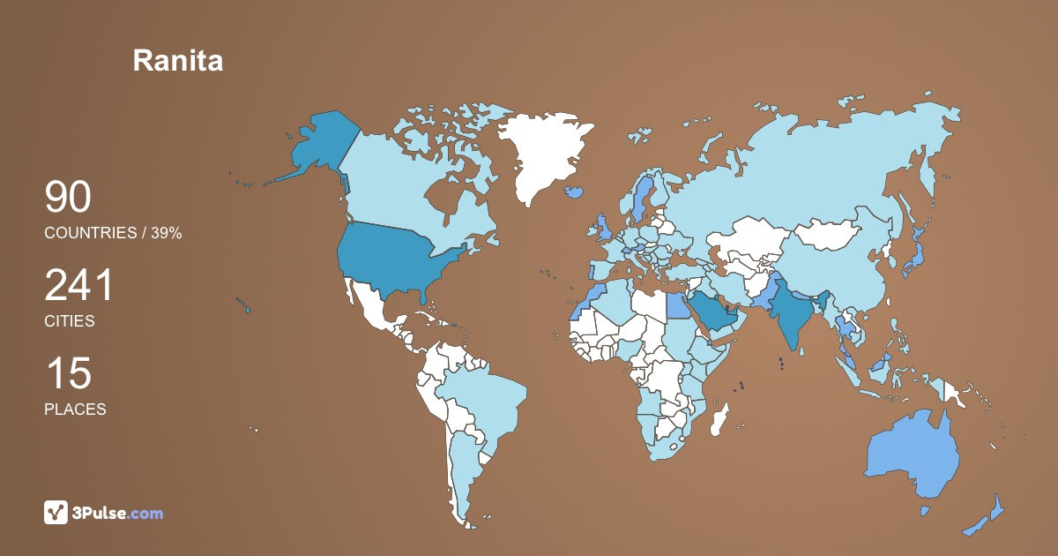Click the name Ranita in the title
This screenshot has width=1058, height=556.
tap(177, 60)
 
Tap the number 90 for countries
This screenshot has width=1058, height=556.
tap(68, 198)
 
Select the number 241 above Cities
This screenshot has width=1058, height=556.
tap(79, 286)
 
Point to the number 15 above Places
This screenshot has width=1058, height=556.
tap(68, 373)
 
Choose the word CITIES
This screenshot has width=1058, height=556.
tap(70, 321)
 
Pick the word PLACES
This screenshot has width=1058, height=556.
tap(75, 409)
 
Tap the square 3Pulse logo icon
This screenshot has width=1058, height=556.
tap(56, 512)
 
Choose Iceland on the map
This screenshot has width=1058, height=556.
tap(576, 191)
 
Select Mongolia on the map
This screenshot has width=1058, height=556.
tap(832, 234)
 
